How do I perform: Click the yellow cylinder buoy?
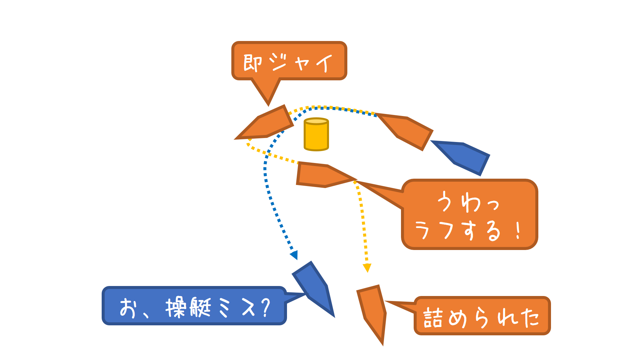click(316, 134)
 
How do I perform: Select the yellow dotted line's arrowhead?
click(367, 268)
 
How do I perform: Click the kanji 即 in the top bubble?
click(252, 63)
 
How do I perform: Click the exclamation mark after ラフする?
click(518, 230)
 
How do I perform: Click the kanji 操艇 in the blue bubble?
click(188, 307)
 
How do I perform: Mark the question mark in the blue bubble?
click(266, 307)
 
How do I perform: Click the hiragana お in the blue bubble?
click(128, 307)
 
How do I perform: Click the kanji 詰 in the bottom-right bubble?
click(433, 317)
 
